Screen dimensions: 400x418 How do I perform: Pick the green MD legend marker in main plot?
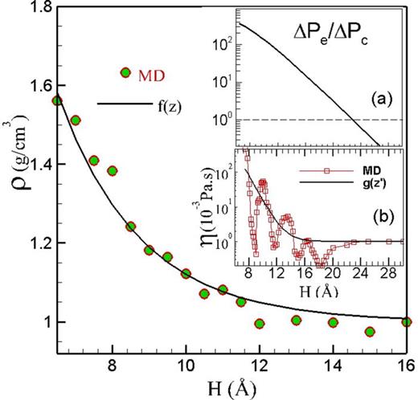(125, 73)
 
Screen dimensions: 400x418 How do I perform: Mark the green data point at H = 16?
(407, 322)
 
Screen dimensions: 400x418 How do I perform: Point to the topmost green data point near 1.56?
(57, 100)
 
